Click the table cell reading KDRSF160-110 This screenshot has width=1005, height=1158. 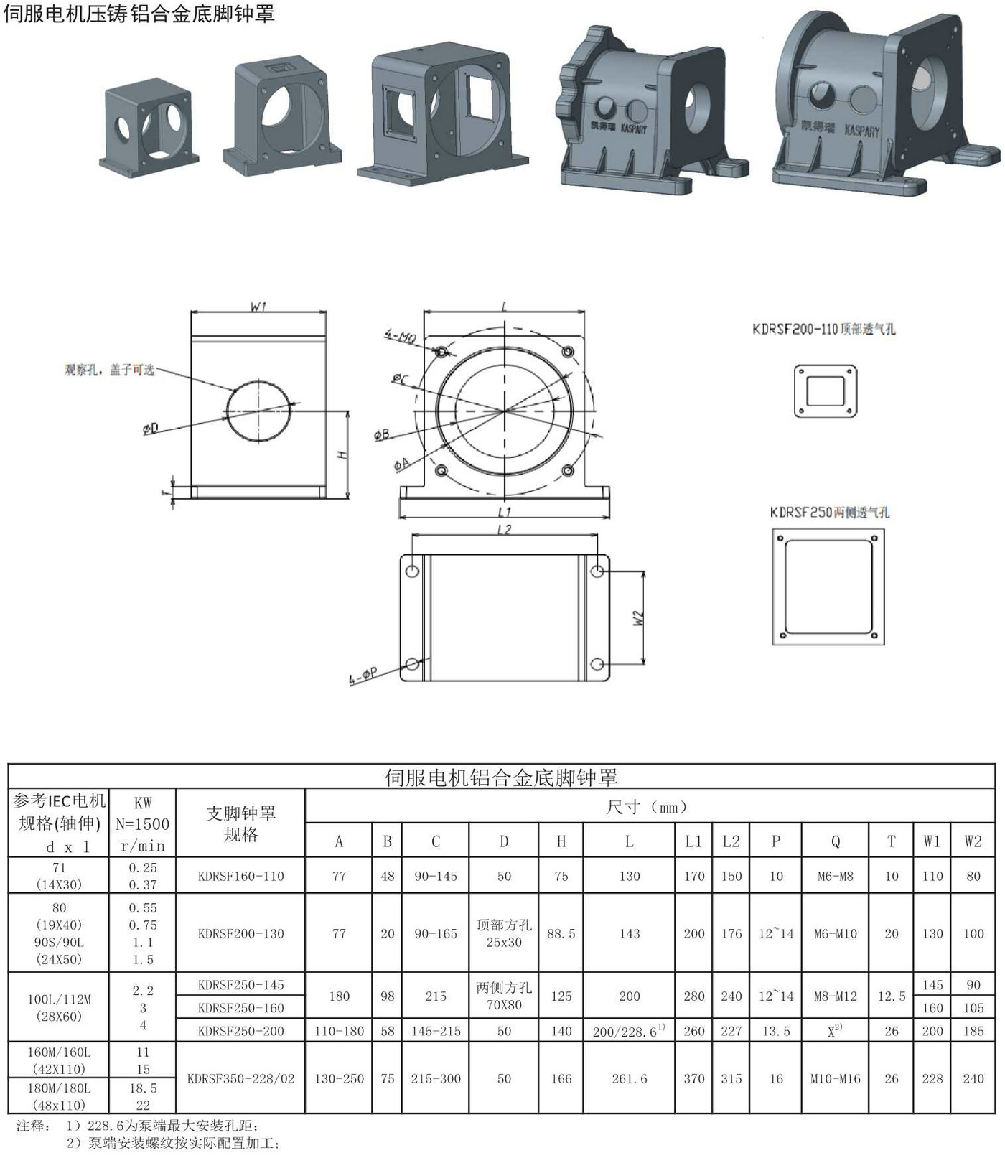click(x=240, y=876)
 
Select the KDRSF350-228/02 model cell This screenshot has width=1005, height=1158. click(x=240, y=1078)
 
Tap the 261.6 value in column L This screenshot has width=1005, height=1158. click(x=629, y=1078)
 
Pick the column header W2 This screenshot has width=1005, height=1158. click(x=973, y=841)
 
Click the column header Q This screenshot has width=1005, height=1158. click(x=835, y=841)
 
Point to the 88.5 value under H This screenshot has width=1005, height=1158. click(x=561, y=933)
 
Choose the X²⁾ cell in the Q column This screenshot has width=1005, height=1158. click(x=835, y=1031)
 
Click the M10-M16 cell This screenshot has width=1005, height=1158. click(x=835, y=1078)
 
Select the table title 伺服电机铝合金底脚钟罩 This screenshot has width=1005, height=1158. click(x=501, y=777)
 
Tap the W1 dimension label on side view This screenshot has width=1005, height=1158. click(x=258, y=307)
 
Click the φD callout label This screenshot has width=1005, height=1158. click(x=150, y=429)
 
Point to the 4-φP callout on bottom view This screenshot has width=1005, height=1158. click(x=363, y=677)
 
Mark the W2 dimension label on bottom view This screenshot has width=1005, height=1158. click(x=638, y=618)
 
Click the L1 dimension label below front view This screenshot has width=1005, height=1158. click(x=504, y=512)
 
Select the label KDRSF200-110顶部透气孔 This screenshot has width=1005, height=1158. click(x=823, y=330)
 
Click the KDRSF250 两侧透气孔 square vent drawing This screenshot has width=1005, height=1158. click(x=828, y=587)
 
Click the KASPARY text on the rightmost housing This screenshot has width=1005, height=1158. click(x=861, y=131)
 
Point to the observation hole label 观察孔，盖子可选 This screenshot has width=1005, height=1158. click(x=109, y=370)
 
